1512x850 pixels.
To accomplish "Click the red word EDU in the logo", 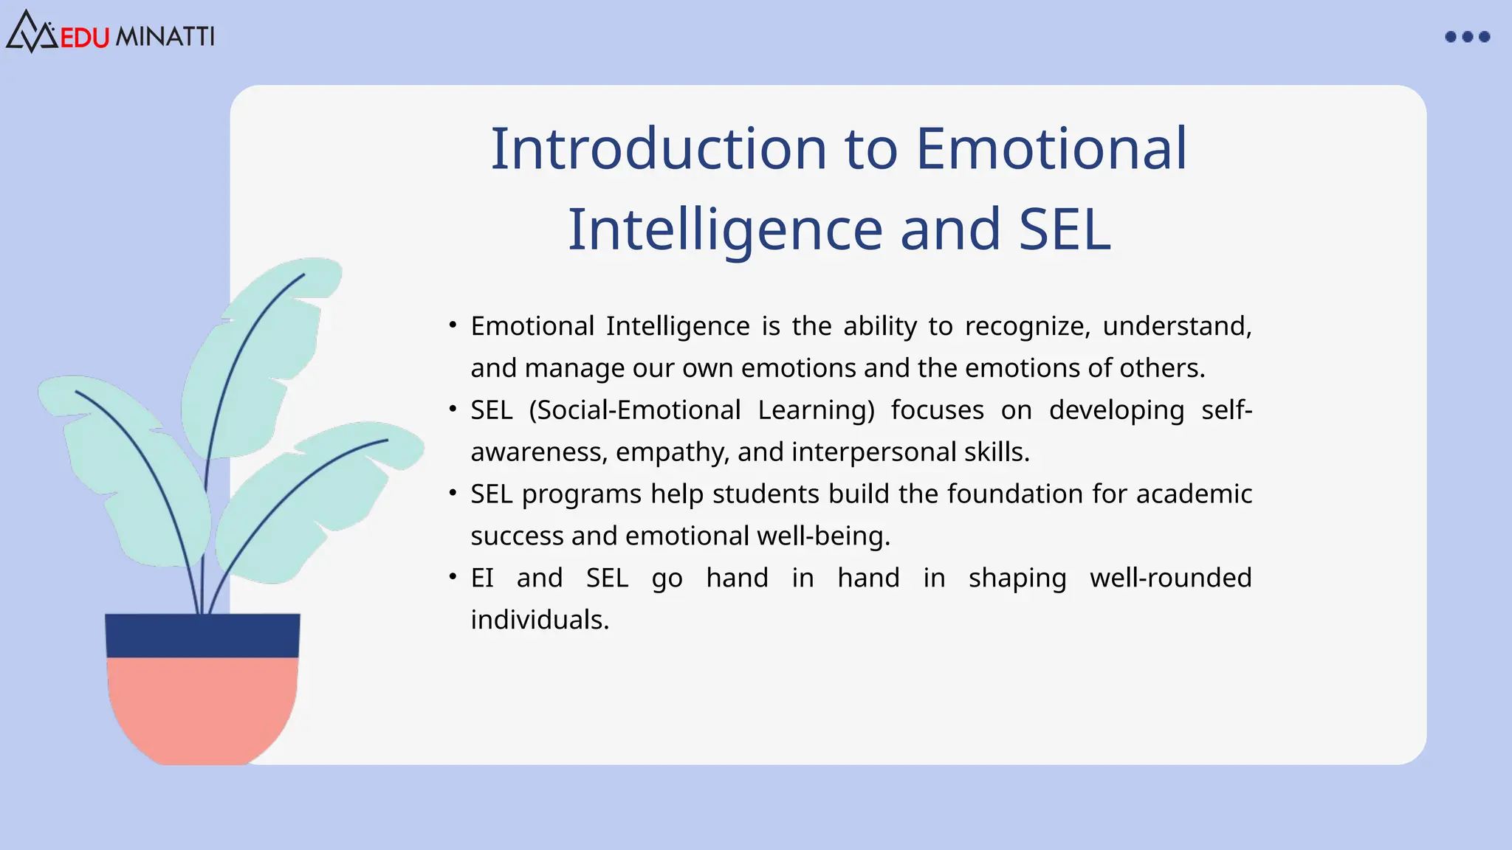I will click(84, 37).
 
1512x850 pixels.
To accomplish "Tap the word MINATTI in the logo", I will click(165, 37).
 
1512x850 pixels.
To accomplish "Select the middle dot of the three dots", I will click(1468, 37).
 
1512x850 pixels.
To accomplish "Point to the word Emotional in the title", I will click(1051, 149).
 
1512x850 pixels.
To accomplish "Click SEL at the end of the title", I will click(1065, 229).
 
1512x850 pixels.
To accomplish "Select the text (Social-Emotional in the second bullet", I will click(635, 410).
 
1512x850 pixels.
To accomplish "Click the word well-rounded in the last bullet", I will click(1170, 578).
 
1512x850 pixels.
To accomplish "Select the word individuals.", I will click(539, 620).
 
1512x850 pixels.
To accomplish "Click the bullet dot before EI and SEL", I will click(453, 576).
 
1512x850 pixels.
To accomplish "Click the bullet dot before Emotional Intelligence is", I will click(453, 325).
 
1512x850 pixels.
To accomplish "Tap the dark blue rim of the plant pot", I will click(202, 635).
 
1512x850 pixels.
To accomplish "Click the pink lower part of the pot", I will click(202, 708).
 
